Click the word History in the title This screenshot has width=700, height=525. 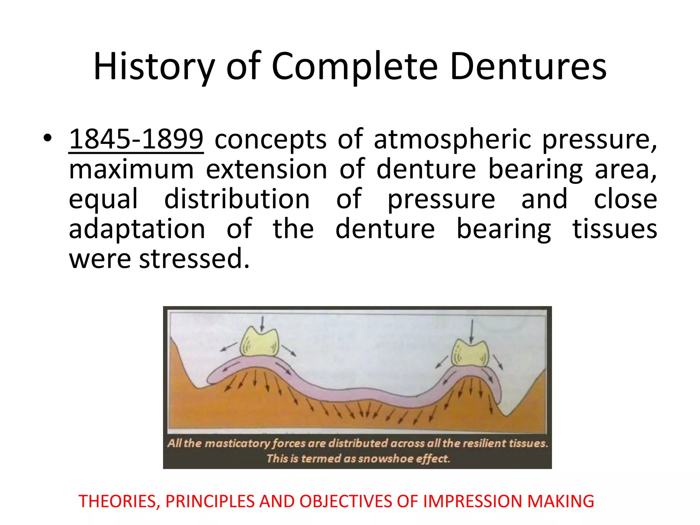click(154, 67)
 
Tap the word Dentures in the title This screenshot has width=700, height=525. click(528, 67)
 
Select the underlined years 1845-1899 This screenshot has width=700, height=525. click(136, 139)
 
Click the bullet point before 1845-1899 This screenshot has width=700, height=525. click(48, 138)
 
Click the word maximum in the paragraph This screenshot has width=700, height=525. click(131, 170)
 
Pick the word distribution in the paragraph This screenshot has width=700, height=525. click(237, 199)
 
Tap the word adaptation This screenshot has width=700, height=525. click(137, 229)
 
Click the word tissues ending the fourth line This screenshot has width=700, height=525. click(615, 229)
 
